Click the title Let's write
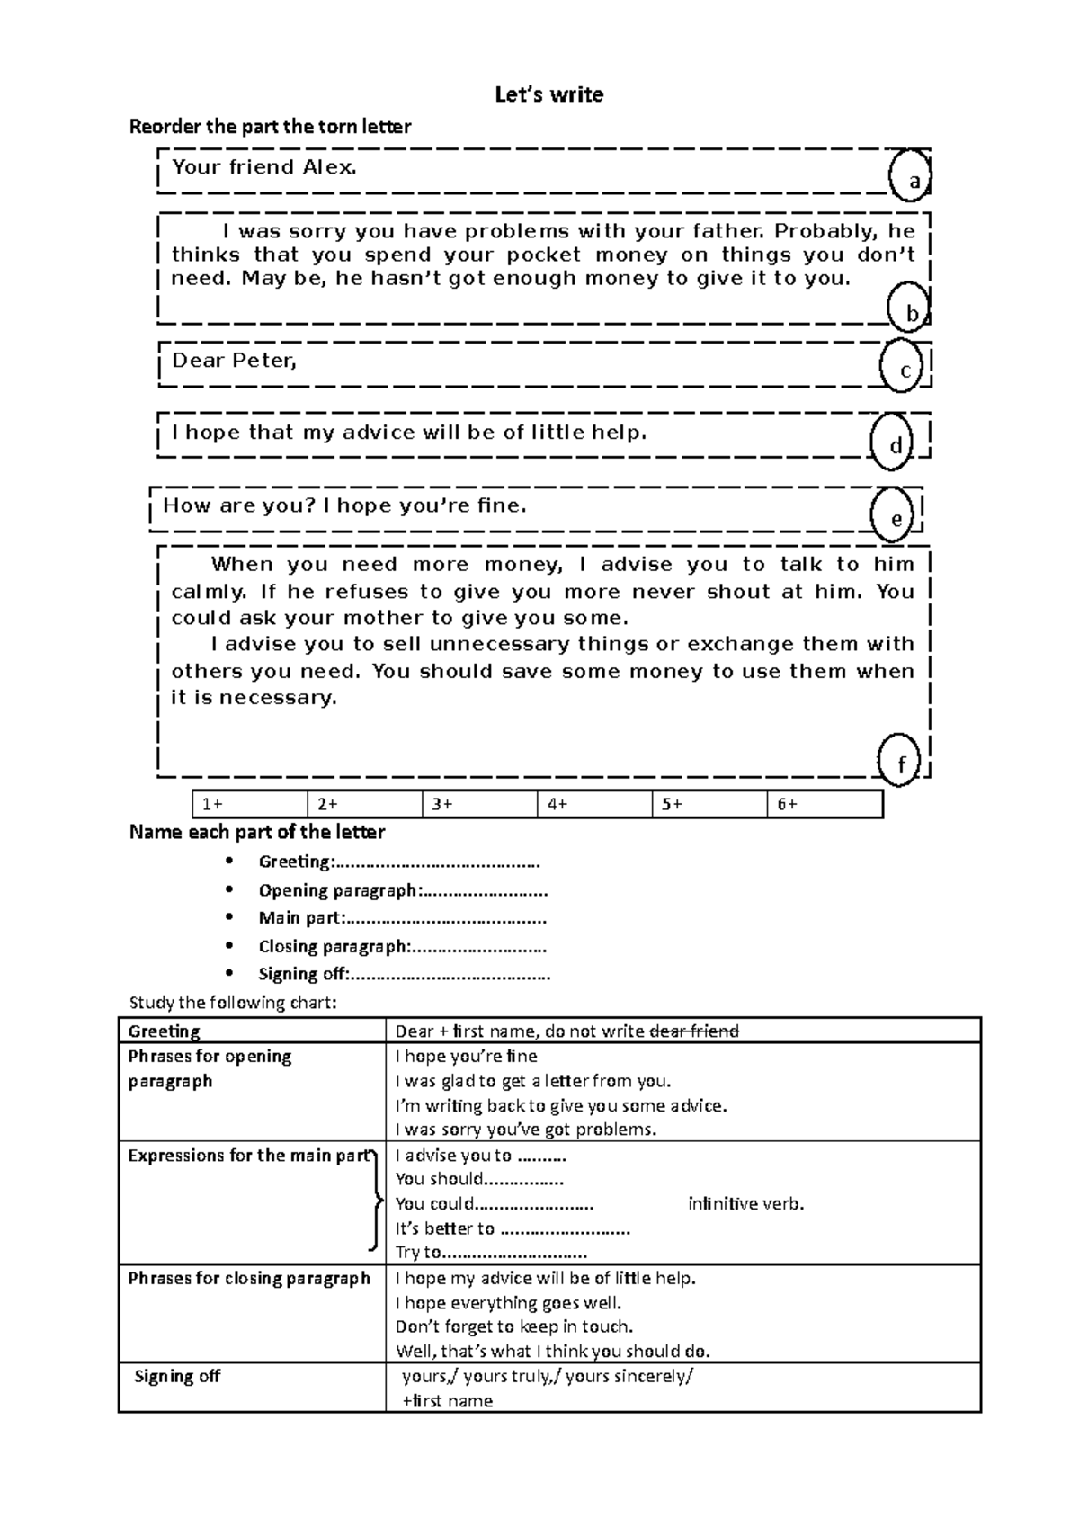(548, 94)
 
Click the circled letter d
(894, 444)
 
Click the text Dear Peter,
(234, 361)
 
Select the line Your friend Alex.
(264, 167)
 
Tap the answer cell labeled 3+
(478, 804)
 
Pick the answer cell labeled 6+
(824, 804)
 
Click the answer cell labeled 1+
(249, 804)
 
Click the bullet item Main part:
(401, 918)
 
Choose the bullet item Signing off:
(403, 974)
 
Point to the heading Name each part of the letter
(257, 832)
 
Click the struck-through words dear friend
(693, 1031)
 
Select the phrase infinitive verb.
(745, 1204)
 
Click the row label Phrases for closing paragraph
(249, 1278)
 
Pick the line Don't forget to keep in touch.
(514, 1326)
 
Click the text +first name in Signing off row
(447, 1400)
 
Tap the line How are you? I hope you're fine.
(344, 505)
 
